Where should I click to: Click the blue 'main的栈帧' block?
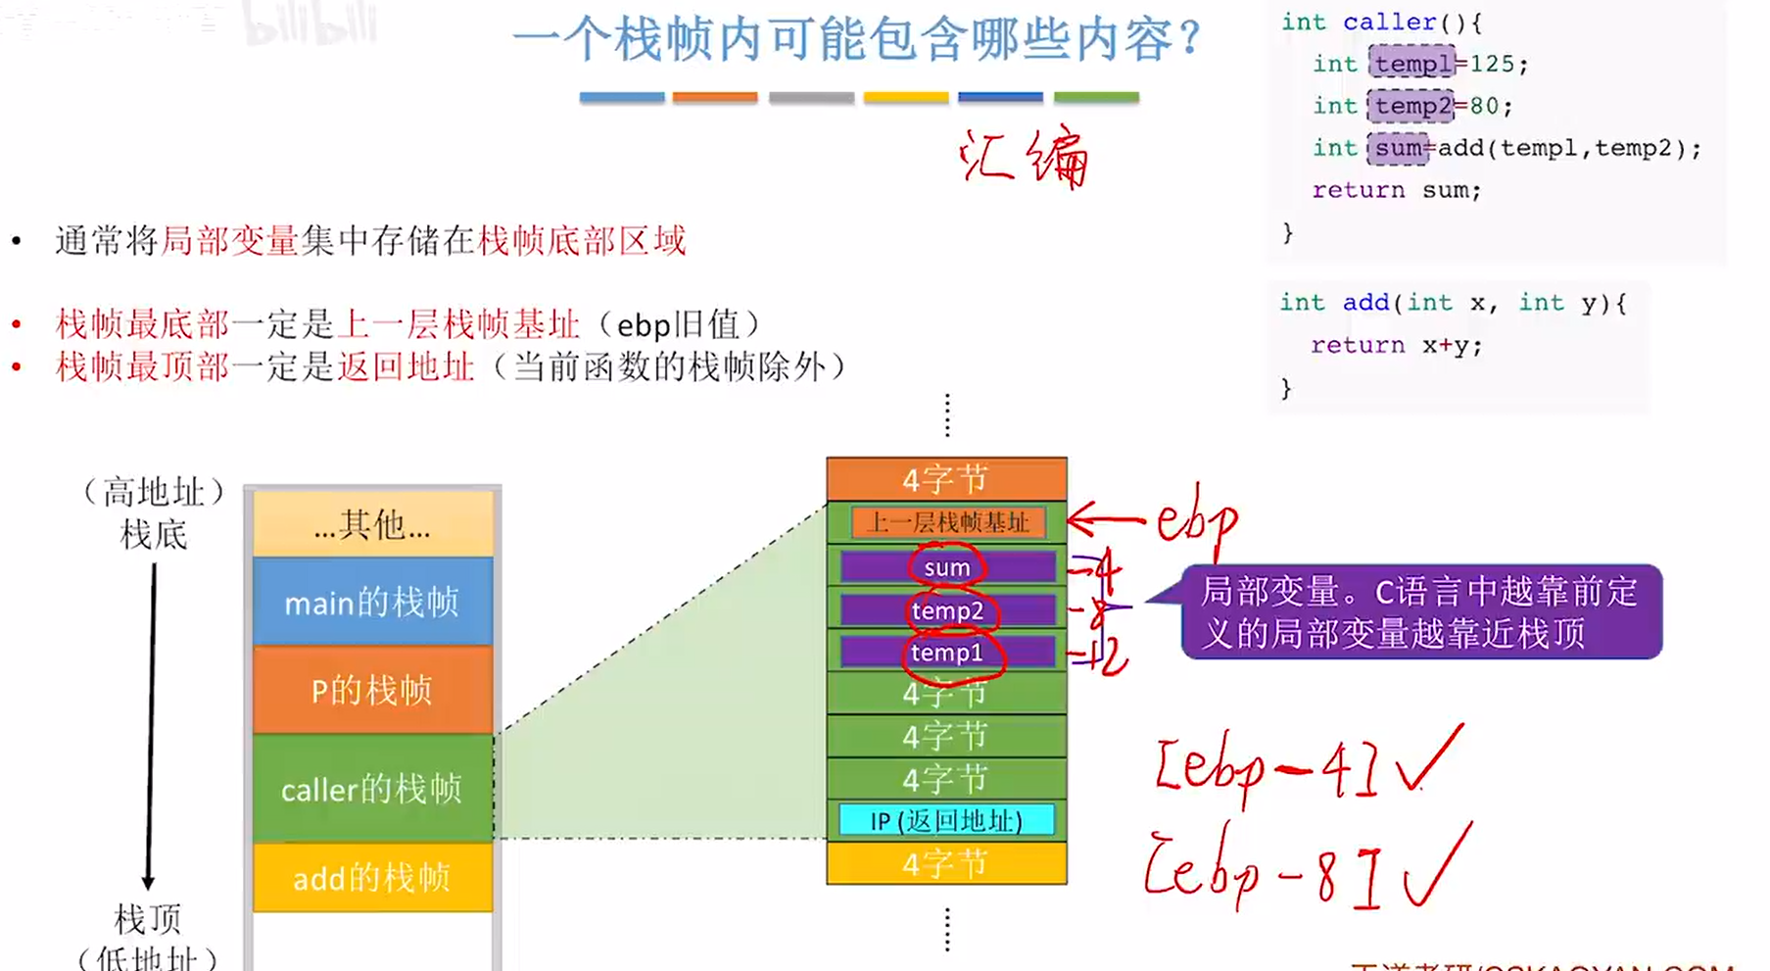pos(372,601)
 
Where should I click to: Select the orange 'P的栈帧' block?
pos(372,690)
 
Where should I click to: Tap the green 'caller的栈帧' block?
pos(372,788)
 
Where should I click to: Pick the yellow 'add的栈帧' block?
pos(372,877)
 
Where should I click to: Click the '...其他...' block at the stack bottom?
pos(372,525)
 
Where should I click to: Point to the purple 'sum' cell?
pos(946,567)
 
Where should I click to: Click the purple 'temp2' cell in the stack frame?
pos(946,610)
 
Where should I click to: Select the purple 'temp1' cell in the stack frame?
pos(946,653)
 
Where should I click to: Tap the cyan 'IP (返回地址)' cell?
pos(946,820)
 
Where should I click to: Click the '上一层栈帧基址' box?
pos(946,522)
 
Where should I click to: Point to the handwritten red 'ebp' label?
pos(1197,520)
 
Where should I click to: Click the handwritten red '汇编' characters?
pos(1024,157)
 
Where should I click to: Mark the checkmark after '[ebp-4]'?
pos(1430,759)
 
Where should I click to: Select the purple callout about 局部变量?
pos(1420,611)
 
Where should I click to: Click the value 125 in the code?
pos(1491,64)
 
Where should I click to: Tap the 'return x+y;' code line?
pos(1396,345)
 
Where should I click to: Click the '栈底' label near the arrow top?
pos(154,535)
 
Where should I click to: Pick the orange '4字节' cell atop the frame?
pos(946,479)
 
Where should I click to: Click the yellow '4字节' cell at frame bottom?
pos(946,863)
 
